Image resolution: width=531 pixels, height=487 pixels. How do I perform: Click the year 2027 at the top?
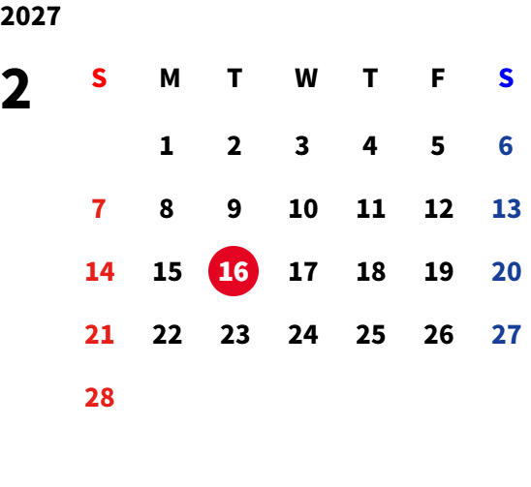point(30,15)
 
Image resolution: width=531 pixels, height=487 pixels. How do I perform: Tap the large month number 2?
point(16,89)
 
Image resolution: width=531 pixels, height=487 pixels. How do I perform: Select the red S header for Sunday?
point(99,78)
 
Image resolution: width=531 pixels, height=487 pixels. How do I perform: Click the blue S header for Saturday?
point(506,78)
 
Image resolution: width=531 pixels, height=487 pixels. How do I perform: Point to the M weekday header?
point(170,78)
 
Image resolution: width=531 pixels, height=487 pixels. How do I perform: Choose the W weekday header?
point(306,78)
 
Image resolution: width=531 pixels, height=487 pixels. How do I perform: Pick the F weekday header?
point(438,78)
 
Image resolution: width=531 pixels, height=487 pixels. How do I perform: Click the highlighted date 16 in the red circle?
point(234,271)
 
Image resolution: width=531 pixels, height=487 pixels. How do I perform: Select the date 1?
point(167,146)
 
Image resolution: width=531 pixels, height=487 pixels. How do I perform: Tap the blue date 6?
point(506,146)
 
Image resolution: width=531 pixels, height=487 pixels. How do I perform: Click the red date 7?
point(99,208)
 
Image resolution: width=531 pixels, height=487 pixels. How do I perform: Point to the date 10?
point(303,208)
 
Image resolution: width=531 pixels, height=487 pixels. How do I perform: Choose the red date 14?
point(100,271)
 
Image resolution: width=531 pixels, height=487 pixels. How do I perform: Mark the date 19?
point(439,271)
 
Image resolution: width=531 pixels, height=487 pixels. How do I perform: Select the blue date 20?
point(506,271)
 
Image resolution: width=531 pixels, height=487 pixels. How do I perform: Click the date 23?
point(235,335)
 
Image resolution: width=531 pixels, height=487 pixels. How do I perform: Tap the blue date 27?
point(506,335)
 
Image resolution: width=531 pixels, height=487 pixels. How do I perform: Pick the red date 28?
point(100,397)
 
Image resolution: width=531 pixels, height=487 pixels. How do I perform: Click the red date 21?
point(99,335)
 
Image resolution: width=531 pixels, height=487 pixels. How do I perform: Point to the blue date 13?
point(506,208)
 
